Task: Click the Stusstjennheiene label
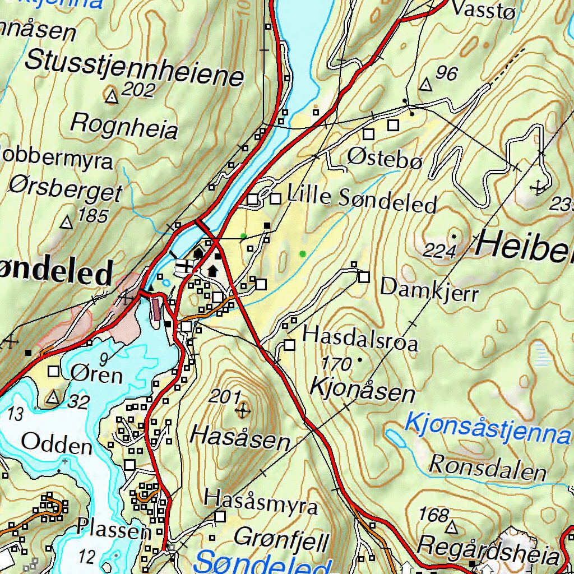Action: point(135,68)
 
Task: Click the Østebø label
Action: point(384,159)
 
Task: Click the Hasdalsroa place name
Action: point(360,338)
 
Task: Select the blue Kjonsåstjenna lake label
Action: point(487,427)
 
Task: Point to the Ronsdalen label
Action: point(487,467)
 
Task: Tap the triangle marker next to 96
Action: point(427,85)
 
